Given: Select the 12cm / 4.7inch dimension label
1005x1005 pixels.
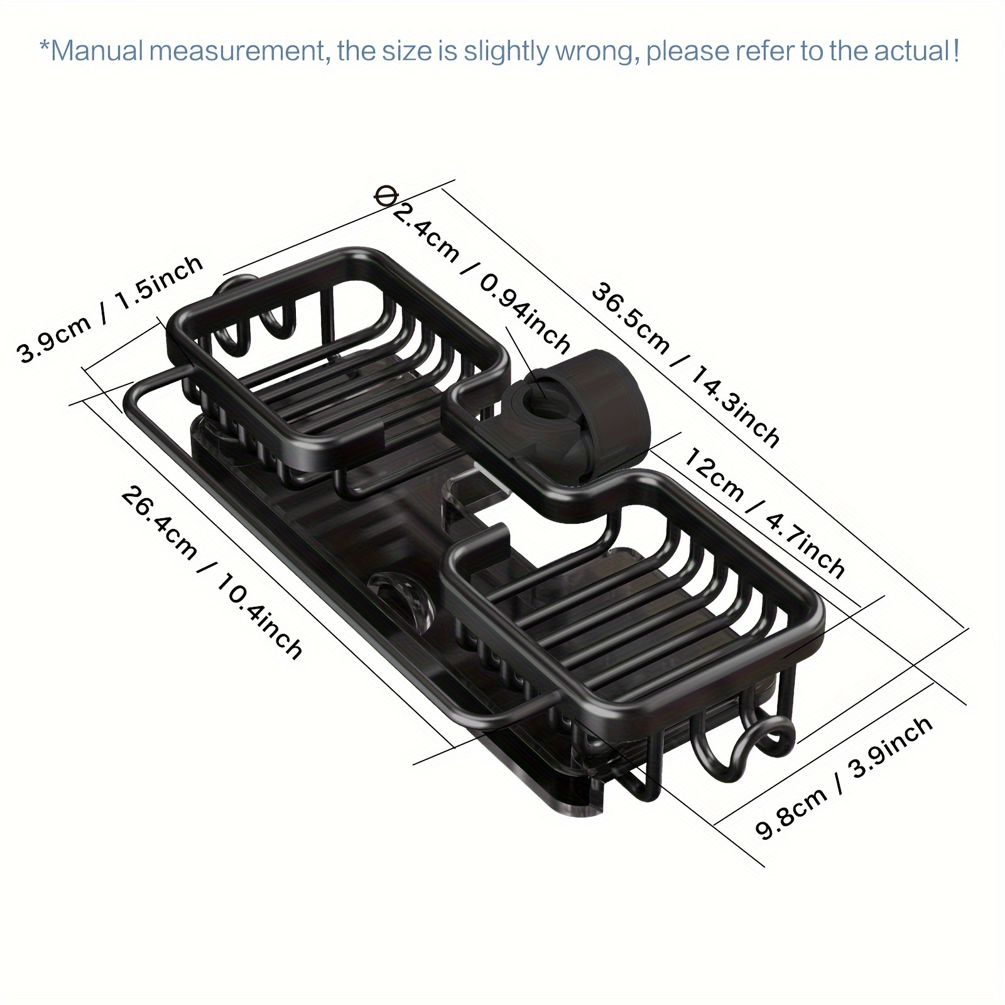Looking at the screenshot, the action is pos(763,512).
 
